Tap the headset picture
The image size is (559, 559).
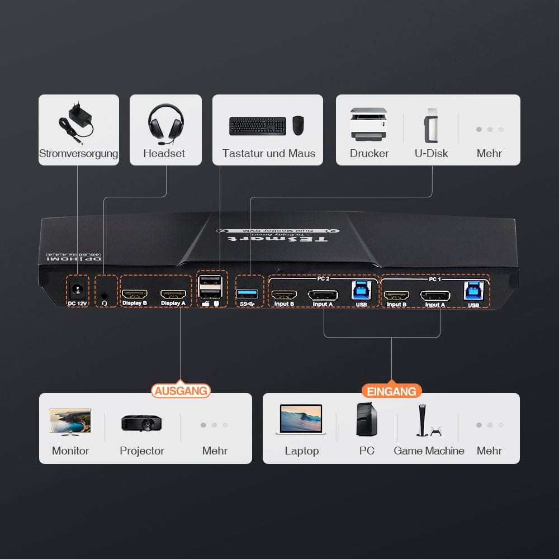coord(165,121)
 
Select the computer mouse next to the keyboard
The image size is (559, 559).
coord(298,125)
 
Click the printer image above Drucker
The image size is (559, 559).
coord(368,124)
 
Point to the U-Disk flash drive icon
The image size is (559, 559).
coord(430,125)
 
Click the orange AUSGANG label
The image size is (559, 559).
coord(181,390)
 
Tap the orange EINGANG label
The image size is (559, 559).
coord(391,391)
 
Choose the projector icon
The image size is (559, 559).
coord(141,423)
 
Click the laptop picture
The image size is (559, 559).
coord(301,420)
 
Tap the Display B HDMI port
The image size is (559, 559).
coord(135,293)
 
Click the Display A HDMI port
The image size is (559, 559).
coord(173,293)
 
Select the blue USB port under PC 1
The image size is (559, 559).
coord(473,291)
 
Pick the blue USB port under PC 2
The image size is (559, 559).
coord(361,291)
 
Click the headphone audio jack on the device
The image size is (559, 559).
coord(105,293)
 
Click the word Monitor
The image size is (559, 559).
coord(70,451)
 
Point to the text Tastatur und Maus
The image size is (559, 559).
coord(268,153)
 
